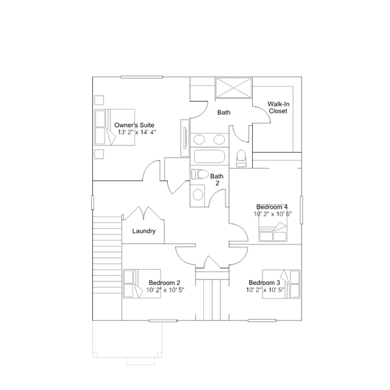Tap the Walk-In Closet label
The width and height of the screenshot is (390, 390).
coord(278,107)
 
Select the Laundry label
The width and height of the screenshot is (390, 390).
coord(144,231)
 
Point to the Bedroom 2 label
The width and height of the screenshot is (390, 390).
coord(164,283)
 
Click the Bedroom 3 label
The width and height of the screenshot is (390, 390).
coord(264,283)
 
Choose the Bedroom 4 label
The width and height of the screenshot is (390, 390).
coord(272,207)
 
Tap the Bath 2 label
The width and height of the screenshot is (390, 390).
coord(217,179)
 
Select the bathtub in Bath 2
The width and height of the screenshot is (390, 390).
coord(208,157)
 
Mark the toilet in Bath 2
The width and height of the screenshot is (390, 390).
coord(198,174)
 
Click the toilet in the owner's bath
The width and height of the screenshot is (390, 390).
coord(241,157)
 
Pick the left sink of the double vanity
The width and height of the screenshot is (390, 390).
coord(200,139)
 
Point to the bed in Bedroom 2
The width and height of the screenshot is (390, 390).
coord(134,284)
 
